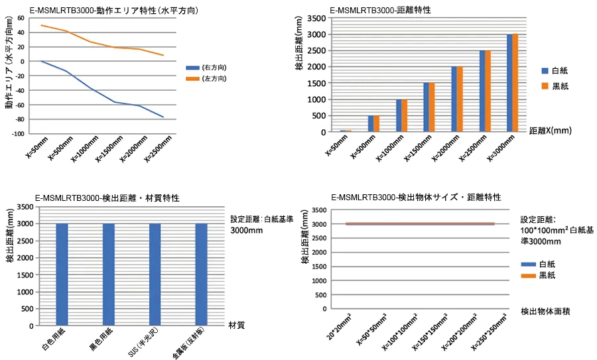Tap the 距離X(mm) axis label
click(x=550, y=131)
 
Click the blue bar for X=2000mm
click(x=454, y=99)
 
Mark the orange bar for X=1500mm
click(x=431, y=107)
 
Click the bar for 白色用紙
click(x=62, y=274)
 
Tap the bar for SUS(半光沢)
click(x=155, y=274)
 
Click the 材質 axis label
click(x=237, y=326)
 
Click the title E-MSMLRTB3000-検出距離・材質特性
click(x=108, y=198)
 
